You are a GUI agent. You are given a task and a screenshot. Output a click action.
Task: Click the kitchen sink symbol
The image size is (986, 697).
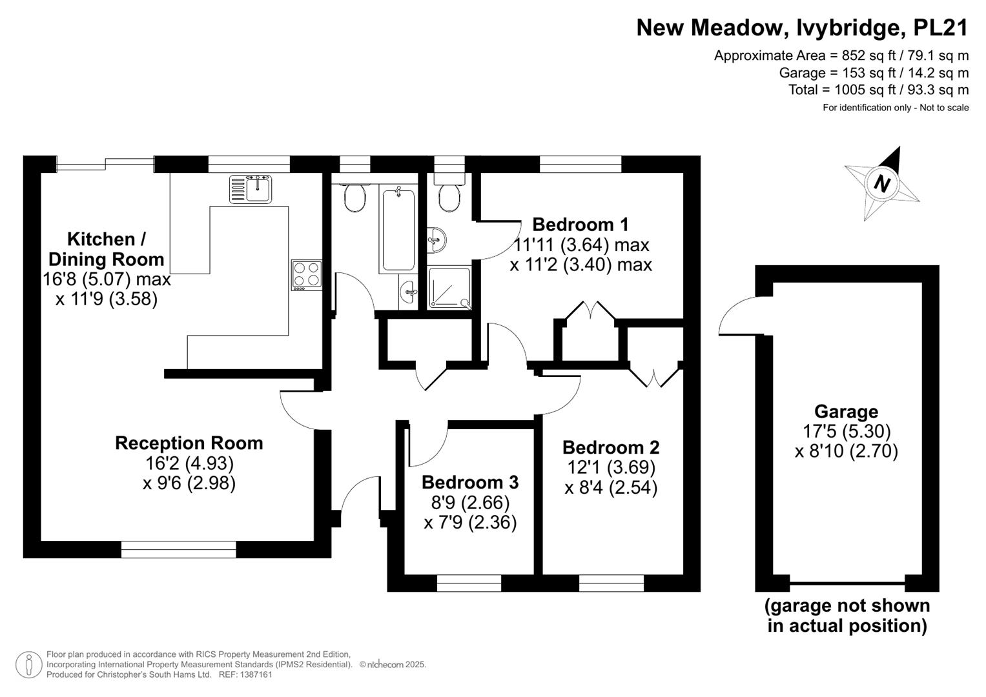coord(250,189)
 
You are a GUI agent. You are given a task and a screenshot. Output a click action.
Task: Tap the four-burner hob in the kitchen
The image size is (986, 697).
coord(306,275)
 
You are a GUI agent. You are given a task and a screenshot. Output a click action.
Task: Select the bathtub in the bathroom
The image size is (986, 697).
coord(398,230)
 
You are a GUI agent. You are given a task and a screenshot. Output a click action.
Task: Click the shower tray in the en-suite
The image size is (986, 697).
coord(449,287)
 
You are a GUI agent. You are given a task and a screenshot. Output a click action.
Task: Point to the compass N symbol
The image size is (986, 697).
coord(881,183)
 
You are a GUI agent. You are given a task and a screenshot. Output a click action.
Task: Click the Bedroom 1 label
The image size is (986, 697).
coord(580,225)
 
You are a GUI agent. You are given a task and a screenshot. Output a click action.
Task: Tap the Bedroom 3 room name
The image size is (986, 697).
coord(470,482)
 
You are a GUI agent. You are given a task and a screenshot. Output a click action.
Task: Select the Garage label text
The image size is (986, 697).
coord(846,412)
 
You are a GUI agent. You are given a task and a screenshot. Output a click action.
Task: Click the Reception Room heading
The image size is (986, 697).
coord(189,443)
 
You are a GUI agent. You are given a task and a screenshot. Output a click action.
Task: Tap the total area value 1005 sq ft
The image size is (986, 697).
coord(865,90)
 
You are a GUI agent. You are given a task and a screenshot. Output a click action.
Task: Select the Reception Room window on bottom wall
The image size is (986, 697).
coord(179,550)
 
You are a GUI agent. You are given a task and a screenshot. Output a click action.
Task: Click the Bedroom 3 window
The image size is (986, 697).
coord(469,583)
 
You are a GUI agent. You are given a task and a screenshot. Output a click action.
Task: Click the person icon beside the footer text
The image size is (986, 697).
coord(29,665)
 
